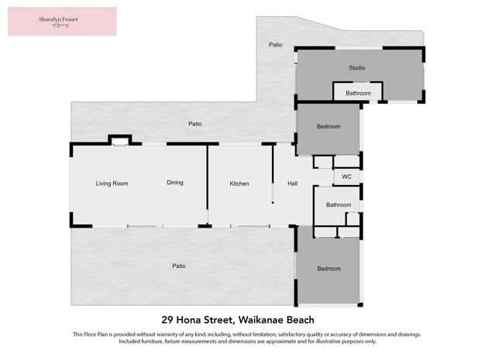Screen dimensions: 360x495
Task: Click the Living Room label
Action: coord(112,183)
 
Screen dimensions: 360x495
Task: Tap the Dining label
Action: coord(175,183)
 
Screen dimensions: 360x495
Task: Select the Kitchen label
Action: coord(239,183)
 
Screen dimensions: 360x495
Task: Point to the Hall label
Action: coord(293,183)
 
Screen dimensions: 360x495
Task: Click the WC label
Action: coord(346,177)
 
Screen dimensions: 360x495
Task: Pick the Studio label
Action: coord(356,68)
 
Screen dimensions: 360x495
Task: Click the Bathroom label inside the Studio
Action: coord(358,94)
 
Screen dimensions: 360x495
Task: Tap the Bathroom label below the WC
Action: coord(339,205)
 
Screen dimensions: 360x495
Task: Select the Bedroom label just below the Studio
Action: coord(328,126)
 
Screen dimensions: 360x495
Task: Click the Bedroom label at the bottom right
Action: coord(328,269)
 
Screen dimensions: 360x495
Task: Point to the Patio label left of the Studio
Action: coord(275,45)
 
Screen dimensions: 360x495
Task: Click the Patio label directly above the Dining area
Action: coord(195,124)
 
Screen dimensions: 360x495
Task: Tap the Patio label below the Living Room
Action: coord(178,266)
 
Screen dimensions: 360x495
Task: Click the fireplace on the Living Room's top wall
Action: coord(119,141)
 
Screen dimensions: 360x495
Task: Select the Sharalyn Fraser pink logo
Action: coord(62,21)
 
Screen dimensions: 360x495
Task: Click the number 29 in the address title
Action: coord(167,319)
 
